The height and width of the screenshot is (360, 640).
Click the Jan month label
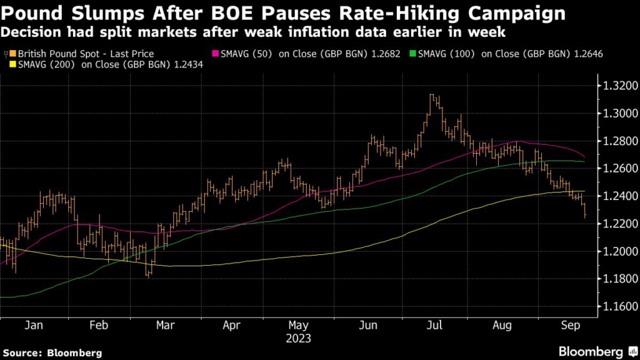34,326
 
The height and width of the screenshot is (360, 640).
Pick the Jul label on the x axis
436,326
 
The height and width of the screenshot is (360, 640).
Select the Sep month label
569,326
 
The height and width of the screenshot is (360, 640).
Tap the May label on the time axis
299,326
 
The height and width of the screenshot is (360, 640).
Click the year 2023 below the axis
299,339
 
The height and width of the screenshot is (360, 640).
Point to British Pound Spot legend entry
82,54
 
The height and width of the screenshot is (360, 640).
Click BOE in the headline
207,12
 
